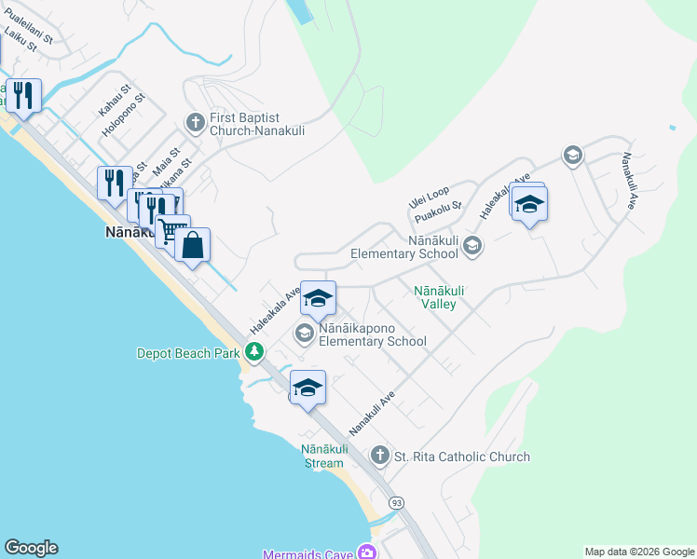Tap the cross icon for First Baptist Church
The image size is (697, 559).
click(x=196, y=121)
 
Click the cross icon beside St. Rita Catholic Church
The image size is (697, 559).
click(x=379, y=456)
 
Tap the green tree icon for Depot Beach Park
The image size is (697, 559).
click(x=253, y=352)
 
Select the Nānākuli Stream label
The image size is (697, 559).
click(x=324, y=456)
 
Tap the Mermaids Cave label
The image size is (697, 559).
click(x=307, y=554)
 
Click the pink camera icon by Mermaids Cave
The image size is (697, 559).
click(x=367, y=553)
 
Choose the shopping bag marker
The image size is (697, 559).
click(x=192, y=246)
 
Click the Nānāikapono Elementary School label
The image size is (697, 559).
click(x=373, y=335)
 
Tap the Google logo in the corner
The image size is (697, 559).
click(x=31, y=548)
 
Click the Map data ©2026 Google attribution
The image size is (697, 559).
click(x=638, y=552)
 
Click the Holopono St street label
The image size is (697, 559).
click(x=125, y=114)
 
